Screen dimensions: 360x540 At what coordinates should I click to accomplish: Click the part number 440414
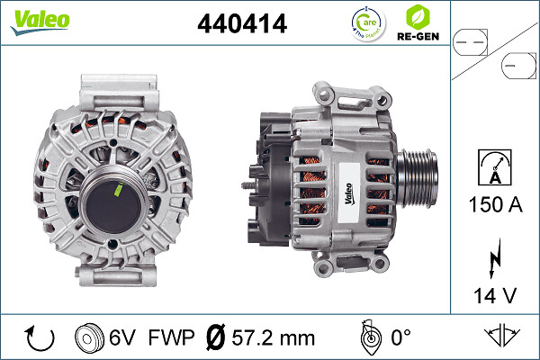pyautogui.click(x=241, y=24)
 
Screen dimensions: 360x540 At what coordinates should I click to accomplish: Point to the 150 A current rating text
pyautogui.click(x=495, y=204)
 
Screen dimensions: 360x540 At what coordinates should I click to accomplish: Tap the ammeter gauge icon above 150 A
pyautogui.click(x=495, y=166)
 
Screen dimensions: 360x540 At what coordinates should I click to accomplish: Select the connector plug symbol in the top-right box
pyautogui.click(x=493, y=53)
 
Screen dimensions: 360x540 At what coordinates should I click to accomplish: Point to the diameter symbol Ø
pyautogui.click(x=216, y=338)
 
